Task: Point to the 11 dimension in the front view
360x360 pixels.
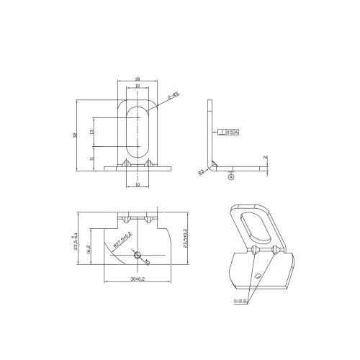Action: [x=92, y=158]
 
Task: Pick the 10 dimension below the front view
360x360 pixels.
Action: [x=138, y=184]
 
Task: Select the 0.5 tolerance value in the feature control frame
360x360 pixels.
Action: [x=230, y=132]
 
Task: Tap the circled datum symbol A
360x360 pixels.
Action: [x=231, y=176]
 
